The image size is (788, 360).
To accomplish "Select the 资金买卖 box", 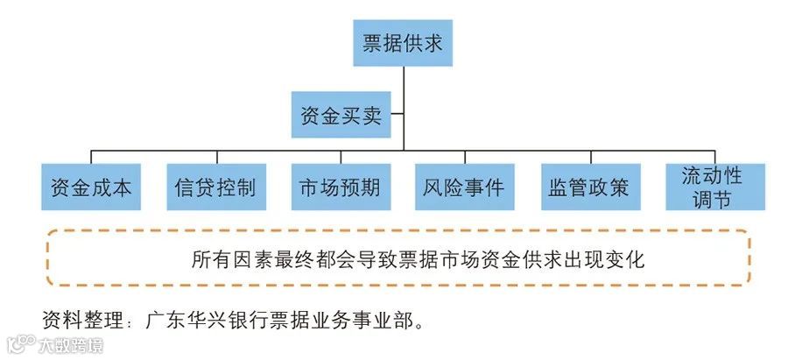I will click(x=341, y=116).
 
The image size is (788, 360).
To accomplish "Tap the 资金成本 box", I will click(x=90, y=187).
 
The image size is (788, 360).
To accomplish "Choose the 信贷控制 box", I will click(x=215, y=187).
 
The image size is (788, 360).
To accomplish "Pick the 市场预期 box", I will click(x=340, y=187).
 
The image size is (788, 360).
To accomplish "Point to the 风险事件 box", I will click(x=464, y=187).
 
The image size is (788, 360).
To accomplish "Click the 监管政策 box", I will click(x=588, y=187).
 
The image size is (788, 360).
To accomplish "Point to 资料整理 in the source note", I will click(x=73, y=317).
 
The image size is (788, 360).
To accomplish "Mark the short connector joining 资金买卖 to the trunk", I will click(x=396, y=114).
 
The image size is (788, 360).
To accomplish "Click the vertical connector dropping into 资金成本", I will click(x=90, y=154).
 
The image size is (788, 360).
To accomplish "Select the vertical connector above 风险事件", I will click(x=464, y=154).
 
